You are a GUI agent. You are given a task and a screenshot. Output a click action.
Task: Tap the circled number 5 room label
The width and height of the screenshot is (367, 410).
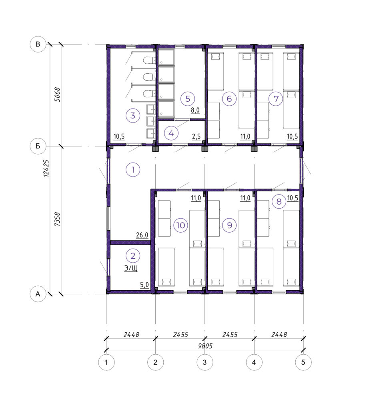[188, 98]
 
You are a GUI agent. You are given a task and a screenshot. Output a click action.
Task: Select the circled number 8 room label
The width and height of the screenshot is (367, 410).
[279, 201]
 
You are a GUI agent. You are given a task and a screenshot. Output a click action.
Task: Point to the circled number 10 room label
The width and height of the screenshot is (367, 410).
[180, 225]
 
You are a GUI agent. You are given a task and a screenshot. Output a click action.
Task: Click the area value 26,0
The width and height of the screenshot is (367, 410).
[142, 235]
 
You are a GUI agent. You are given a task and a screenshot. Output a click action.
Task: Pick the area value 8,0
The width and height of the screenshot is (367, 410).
[195, 111]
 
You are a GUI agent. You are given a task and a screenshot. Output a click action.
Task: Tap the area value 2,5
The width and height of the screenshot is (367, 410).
[196, 137]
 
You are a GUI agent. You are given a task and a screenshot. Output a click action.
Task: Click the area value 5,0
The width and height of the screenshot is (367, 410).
[144, 285]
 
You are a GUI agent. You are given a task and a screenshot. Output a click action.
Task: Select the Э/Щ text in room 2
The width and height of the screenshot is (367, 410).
[131, 268]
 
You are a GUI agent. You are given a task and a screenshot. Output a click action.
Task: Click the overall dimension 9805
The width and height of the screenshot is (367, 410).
[205, 346]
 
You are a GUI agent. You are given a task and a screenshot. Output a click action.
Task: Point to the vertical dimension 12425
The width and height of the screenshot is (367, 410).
[46, 168]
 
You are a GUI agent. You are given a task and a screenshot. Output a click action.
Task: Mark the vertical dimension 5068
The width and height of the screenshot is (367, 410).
[57, 94]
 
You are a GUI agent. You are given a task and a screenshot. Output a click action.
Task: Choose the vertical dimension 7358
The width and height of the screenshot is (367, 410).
[57, 219]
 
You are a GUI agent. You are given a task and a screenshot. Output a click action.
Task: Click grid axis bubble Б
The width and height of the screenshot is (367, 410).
[38, 146]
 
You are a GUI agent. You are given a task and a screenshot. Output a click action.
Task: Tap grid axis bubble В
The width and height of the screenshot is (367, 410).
[38, 44]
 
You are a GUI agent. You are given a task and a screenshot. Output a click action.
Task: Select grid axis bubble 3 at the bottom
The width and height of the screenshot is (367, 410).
[205, 362]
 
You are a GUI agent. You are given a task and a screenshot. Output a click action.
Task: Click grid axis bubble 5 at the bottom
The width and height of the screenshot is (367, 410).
[303, 362]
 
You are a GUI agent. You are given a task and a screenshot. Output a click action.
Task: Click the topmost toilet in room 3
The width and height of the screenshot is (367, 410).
[149, 61]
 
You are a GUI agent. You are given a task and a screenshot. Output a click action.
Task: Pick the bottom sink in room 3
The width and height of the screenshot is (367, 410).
[151, 133]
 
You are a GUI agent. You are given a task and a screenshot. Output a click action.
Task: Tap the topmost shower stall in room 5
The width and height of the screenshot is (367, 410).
[166, 57]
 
